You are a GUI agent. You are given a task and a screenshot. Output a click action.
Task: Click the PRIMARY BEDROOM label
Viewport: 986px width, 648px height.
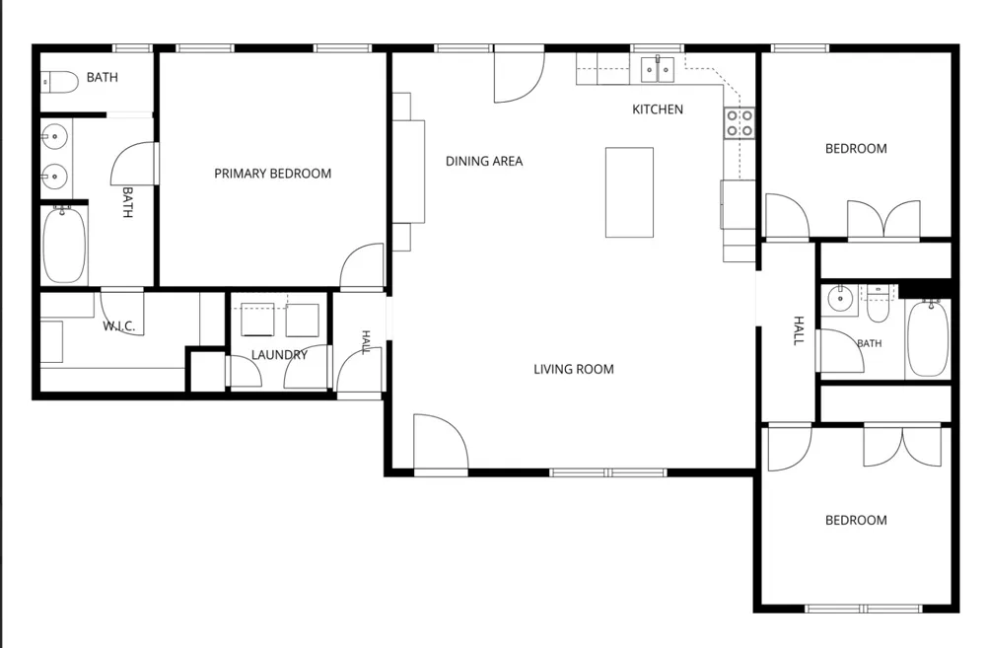[272, 174]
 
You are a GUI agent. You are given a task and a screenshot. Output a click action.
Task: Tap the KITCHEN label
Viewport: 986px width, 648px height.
[657, 109]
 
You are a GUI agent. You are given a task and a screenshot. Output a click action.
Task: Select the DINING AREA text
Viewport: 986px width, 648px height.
[483, 161]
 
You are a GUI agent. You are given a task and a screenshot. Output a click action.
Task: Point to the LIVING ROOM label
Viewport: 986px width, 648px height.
[574, 369]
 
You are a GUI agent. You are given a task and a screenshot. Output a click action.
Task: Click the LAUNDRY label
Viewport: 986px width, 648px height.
[279, 355]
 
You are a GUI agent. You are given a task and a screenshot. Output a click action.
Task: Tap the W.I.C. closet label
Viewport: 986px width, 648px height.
[119, 326]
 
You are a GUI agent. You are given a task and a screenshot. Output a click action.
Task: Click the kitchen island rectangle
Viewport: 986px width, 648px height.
[629, 192]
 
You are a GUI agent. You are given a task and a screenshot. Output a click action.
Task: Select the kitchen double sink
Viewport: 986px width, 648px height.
[657, 69]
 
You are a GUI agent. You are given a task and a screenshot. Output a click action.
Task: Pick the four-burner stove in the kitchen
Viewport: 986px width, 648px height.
[739, 123]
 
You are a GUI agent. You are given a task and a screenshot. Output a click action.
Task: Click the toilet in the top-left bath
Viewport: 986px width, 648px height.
[59, 82]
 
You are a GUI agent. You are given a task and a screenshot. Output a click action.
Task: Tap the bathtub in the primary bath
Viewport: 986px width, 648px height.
[64, 245]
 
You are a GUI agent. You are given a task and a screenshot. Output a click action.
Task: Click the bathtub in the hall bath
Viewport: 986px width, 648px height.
[928, 338]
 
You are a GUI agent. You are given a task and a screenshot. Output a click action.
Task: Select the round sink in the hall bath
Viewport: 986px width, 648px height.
[839, 299]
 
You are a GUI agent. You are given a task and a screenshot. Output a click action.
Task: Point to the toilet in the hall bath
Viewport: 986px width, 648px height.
[878, 305]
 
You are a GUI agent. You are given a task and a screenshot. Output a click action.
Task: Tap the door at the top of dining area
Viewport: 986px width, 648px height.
[519, 77]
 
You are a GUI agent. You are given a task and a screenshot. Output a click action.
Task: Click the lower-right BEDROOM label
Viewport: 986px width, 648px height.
[856, 521]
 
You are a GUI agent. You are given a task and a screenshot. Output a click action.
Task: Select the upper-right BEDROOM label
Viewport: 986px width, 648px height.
[856, 149]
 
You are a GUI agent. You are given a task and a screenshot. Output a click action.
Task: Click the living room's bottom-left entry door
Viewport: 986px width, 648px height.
[440, 442]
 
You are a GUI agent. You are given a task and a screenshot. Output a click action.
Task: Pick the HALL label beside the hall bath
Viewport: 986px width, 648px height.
[799, 331]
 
